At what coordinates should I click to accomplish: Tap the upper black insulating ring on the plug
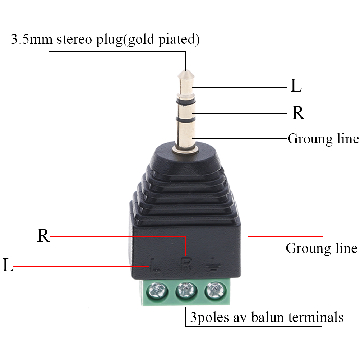(x=185, y=102)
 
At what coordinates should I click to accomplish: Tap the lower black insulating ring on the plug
(x=185, y=119)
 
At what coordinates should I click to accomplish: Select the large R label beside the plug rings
(x=298, y=113)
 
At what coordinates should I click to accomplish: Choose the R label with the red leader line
(x=43, y=236)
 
